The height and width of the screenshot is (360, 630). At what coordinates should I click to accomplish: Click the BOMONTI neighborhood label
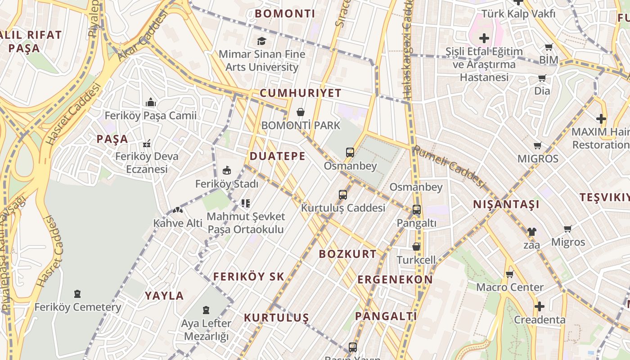click(285, 13)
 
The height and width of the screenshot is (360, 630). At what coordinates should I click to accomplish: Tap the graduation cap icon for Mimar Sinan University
click(261, 41)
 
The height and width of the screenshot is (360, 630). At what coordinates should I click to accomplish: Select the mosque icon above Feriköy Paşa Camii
click(151, 103)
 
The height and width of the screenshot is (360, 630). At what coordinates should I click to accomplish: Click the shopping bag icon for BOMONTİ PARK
click(301, 112)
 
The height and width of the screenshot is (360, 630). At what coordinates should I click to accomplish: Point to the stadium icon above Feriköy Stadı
click(227, 171)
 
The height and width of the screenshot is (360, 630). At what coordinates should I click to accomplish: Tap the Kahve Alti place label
click(178, 223)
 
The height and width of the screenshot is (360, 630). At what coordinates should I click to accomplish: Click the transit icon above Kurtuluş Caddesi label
click(343, 195)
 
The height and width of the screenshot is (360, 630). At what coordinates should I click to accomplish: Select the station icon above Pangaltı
click(417, 210)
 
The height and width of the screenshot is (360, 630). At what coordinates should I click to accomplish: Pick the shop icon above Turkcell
click(416, 247)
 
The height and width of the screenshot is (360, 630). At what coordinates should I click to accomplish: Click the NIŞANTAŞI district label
click(506, 205)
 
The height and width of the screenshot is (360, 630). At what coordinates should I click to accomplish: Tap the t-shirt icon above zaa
click(531, 232)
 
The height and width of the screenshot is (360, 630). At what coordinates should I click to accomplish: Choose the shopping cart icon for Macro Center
click(509, 274)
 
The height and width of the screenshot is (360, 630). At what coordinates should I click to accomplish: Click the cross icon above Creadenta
click(539, 307)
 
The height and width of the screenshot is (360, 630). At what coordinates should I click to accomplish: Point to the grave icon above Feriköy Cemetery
click(77, 294)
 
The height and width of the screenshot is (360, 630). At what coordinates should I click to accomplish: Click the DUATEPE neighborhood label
click(277, 156)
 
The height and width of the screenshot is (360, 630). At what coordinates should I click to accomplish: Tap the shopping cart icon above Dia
click(542, 78)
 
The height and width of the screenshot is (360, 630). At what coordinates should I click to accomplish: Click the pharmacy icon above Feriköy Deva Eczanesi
click(146, 144)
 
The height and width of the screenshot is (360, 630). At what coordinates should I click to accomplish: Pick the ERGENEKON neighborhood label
click(395, 279)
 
